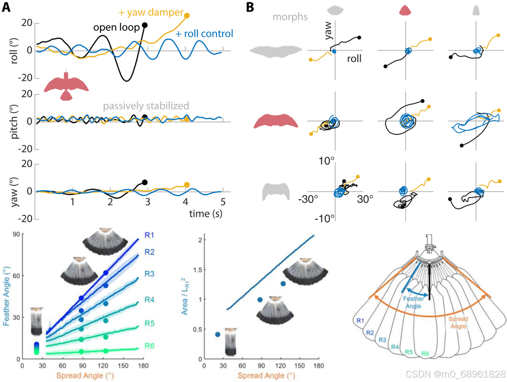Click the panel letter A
tap(7, 7)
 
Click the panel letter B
tap(250, 7)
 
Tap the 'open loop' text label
tap(117, 27)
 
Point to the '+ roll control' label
tap(203, 33)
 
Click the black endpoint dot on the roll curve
tap(144, 25)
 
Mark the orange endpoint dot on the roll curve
tap(187, 15)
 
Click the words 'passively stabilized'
tap(146, 106)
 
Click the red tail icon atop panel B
tap(406, 10)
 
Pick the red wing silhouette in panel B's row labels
tap(276, 121)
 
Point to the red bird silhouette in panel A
tap(66, 86)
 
